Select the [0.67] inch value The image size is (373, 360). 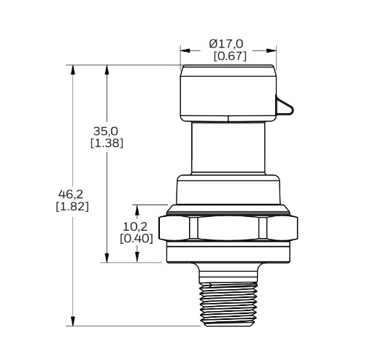coord(229,56)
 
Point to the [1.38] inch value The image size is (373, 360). coord(106,143)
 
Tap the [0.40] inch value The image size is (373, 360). coord(135,238)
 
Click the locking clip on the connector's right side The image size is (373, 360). coord(285,107)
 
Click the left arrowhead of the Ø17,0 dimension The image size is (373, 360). coord(184,50)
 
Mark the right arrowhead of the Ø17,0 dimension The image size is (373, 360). coord(273,50)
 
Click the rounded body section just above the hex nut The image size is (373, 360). coord(228,190)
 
